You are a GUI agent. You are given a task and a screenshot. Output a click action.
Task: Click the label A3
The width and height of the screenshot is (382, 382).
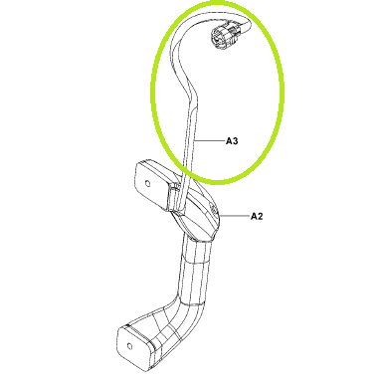tap(232, 141)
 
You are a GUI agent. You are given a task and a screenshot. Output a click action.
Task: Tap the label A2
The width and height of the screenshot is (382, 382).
tap(257, 216)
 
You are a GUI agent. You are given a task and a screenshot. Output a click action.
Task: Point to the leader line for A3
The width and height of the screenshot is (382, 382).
tap(210, 141)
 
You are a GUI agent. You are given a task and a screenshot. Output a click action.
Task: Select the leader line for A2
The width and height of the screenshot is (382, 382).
tap(235, 216)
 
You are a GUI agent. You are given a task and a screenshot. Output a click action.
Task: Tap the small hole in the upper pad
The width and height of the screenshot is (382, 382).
tap(147, 183)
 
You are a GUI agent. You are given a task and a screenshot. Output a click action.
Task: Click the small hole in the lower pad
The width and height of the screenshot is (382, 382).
tap(129, 346)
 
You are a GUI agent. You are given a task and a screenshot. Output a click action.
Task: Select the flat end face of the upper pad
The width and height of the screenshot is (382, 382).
tap(148, 184)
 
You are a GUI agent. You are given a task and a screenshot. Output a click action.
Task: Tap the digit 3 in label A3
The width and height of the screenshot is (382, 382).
tap(235, 141)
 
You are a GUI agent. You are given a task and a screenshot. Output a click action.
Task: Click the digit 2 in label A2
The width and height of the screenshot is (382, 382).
tap(260, 216)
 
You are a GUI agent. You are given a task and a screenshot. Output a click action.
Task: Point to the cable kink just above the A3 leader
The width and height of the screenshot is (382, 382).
tap(191, 92)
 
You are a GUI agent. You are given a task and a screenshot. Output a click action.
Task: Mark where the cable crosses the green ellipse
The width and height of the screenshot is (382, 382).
tap(186, 170)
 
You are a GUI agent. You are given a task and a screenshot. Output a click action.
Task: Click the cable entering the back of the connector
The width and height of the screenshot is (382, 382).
tap(245, 25)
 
